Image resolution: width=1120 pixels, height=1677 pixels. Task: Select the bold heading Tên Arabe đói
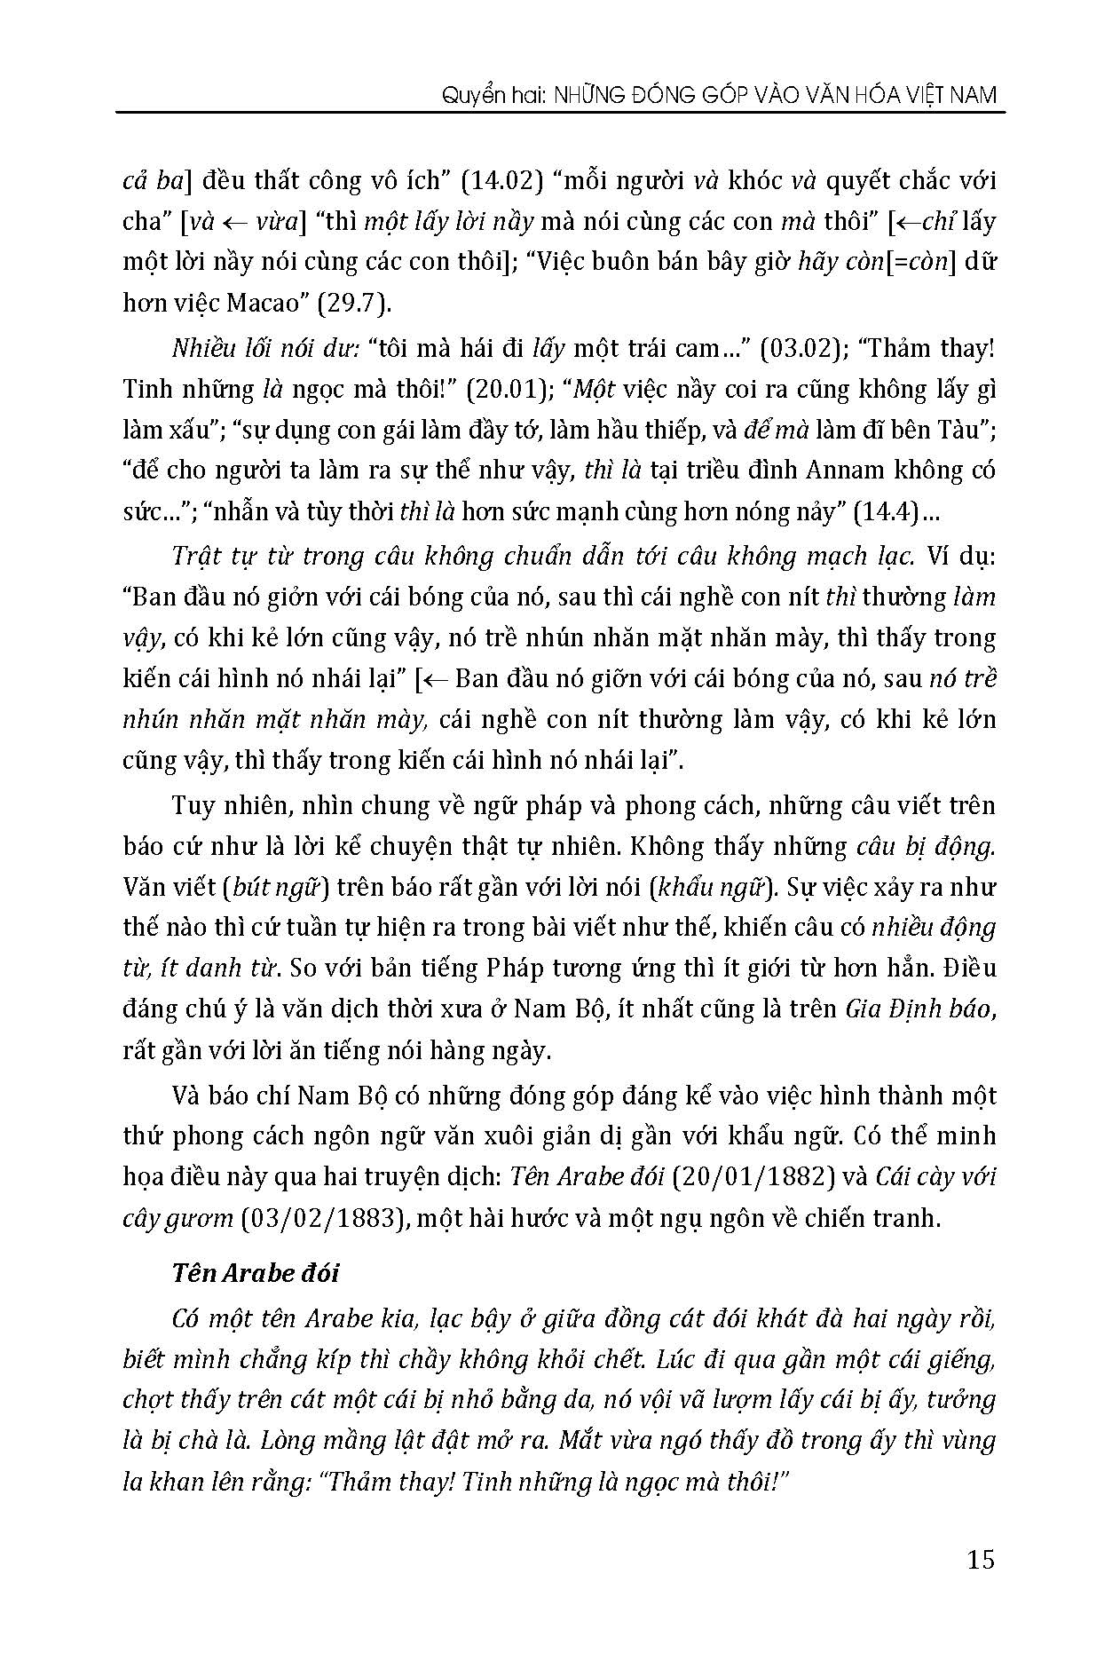coord(256,1272)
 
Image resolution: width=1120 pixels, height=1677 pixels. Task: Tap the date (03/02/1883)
coord(317,1217)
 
